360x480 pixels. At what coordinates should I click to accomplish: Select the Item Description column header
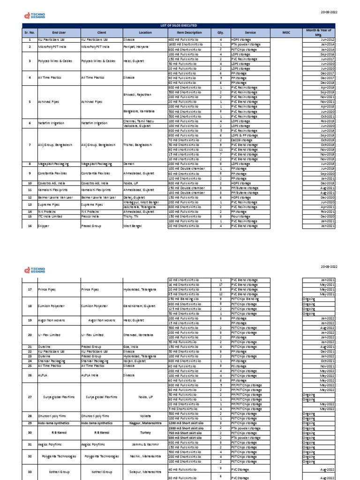pos(190,33)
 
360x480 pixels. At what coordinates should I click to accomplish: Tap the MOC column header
pos(287,33)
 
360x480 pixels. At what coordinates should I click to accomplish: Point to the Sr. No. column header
pos(29,33)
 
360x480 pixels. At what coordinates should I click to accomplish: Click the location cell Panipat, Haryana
pos(136,47)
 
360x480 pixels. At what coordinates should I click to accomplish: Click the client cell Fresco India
pos(91,217)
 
